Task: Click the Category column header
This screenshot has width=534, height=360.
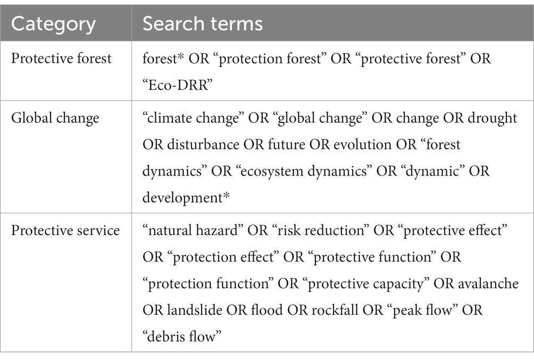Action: pyautogui.click(x=53, y=24)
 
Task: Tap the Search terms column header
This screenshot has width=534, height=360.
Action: pyautogui.click(x=203, y=24)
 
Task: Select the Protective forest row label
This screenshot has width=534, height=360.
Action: pyautogui.click(x=61, y=58)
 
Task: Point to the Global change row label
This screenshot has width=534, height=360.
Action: pyautogui.click(x=55, y=118)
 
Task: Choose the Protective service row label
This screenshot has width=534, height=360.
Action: pyautogui.click(x=65, y=231)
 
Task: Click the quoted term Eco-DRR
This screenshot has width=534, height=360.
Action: pyautogui.click(x=178, y=85)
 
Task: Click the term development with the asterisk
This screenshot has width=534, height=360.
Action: pyautogui.click(x=186, y=198)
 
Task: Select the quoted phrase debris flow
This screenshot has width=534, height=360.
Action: pyautogui.click(x=182, y=337)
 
